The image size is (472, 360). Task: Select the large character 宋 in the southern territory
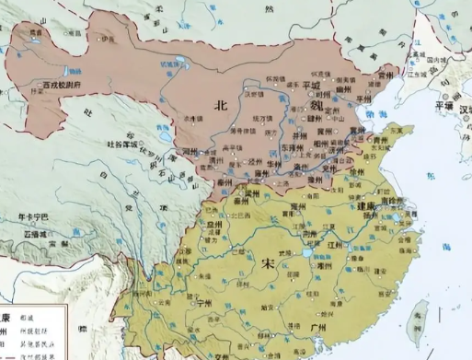coord(269,264)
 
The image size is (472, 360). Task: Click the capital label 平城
coord(316,86)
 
